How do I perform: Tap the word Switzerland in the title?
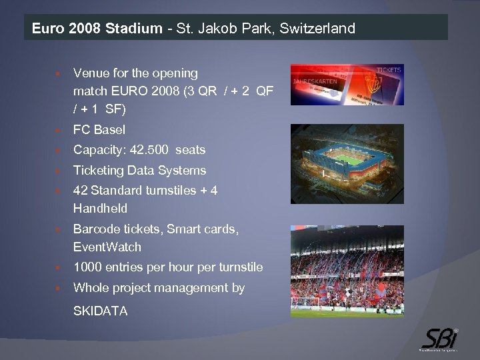point(317,29)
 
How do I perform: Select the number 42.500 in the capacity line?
point(145,150)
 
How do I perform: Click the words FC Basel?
point(99,129)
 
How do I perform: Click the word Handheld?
point(100,209)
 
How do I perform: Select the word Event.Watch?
point(107,247)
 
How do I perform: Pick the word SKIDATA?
point(101,311)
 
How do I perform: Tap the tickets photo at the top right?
point(346,84)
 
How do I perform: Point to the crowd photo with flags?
point(346,271)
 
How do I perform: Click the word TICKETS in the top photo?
point(388,70)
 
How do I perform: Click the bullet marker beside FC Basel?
point(59,130)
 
